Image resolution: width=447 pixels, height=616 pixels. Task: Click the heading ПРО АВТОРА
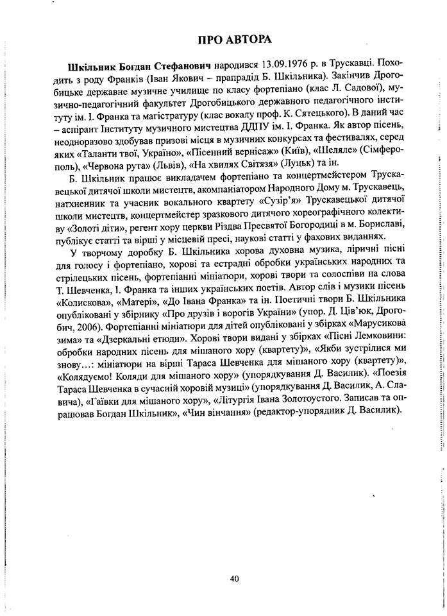coord(235,40)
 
